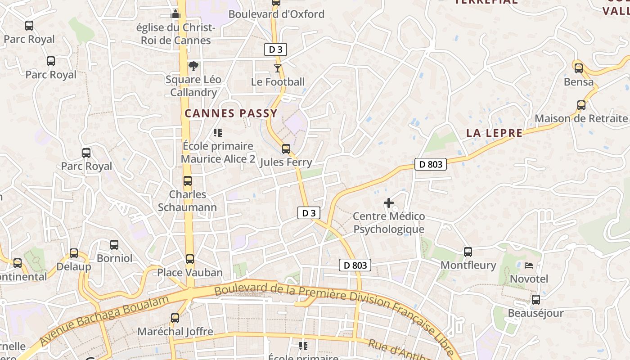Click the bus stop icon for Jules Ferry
coord(286,149)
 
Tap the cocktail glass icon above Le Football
coord(277,68)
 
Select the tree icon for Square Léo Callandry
coord(193,67)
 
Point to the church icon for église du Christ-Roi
coord(175,14)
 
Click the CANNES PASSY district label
coord(231,113)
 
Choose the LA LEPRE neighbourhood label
coord(495,133)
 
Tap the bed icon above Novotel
coord(529,265)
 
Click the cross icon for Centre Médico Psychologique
coord(389,203)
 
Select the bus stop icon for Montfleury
coord(468,252)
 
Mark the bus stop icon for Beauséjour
coord(535,300)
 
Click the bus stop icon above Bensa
coord(579,68)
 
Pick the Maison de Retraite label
coord(581,118)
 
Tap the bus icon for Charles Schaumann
coord(188,181)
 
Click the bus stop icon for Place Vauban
coord(190,259)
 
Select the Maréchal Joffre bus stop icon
coord(175,318)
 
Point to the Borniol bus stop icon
coord(114,245)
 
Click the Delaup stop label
coord(74,266)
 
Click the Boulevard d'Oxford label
coord(276,14)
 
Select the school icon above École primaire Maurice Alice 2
coord(218,133)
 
